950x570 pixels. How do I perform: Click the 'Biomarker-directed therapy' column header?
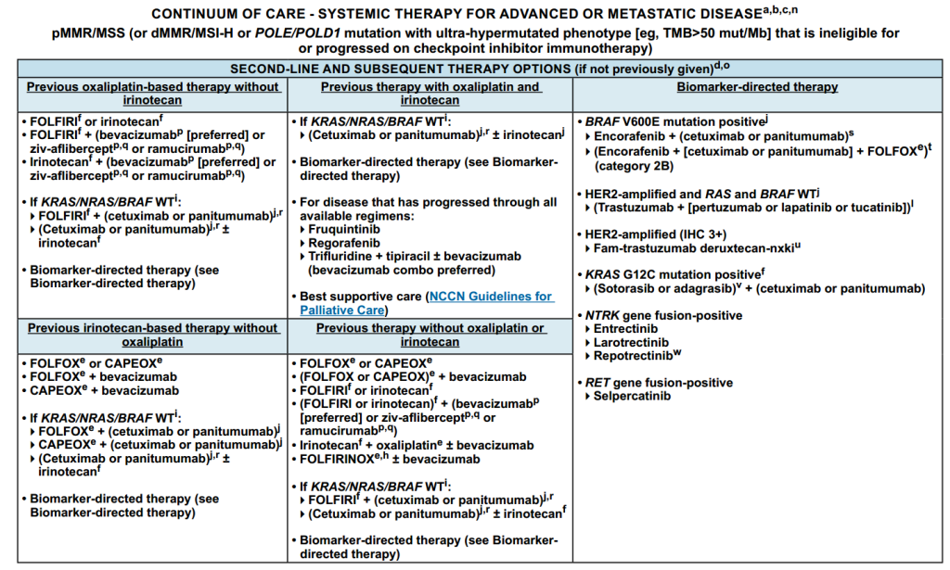click(x=759, y=87)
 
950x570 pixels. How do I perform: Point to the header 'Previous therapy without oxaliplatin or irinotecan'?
click(x=430, y=335)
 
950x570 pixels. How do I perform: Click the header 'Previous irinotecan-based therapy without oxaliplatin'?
click(x=152, y=335)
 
